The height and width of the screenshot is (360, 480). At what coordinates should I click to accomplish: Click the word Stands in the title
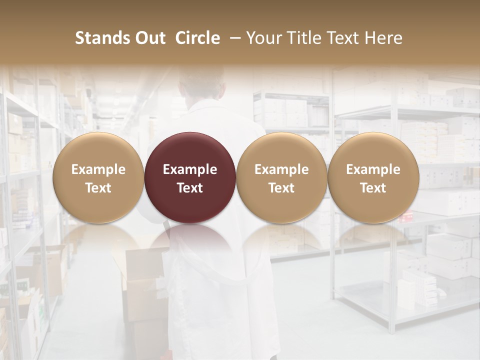coord(102,38)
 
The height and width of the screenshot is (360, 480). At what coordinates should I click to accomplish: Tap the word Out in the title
coord(149,38)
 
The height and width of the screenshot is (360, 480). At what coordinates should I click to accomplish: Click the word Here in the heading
coord(383,38)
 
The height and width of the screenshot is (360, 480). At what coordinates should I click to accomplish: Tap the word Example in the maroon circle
coord(190,169)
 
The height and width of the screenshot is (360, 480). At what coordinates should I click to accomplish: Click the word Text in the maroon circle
coord(190,188)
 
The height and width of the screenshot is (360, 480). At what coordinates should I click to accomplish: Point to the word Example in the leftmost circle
coord(98,169)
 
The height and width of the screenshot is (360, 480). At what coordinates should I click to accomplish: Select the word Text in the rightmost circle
coord(373,188)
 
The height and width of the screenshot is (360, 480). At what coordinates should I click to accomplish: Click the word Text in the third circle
coord(281,188)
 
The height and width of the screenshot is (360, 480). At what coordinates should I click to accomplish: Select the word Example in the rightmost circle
coord(373,169)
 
